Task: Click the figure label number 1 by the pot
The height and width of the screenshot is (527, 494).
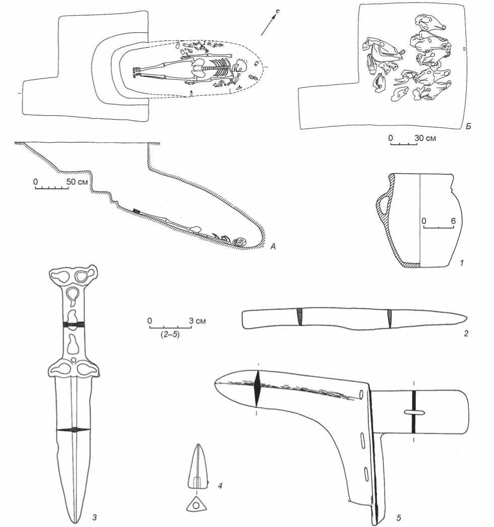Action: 462,263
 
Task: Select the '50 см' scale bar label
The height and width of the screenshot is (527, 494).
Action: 78,182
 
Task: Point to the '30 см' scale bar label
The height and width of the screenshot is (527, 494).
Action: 425,138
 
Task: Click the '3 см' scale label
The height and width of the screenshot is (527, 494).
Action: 197,321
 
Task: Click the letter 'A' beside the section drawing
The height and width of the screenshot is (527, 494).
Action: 273,247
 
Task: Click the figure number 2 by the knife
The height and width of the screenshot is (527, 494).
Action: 466,334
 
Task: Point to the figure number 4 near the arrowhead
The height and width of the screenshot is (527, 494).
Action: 220,485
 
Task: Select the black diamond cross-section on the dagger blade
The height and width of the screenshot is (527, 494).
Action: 74,430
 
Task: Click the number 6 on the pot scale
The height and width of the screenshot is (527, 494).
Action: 453,221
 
